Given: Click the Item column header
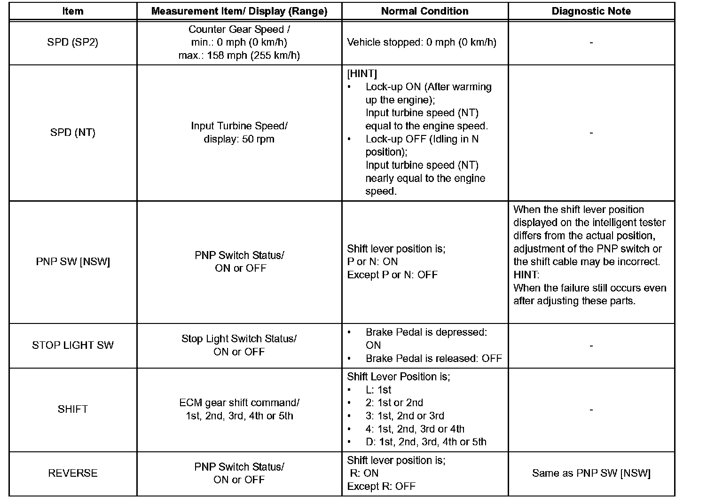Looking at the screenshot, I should point(73,11).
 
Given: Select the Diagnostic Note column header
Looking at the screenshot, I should point(591,11).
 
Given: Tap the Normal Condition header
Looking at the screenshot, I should point(424,11).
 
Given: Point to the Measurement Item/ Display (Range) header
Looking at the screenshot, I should point(239,11).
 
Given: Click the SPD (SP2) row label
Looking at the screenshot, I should point(73,42).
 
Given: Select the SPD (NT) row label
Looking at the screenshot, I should point(73,133).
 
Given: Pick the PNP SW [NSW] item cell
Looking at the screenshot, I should point(73,262).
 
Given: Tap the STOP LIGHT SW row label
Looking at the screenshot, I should point(73,345).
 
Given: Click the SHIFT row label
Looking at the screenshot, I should point(73,409).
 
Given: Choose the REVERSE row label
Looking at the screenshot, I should point(73,473).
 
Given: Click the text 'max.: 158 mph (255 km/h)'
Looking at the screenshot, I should point(239,55).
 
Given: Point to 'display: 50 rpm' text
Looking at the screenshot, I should point(239,139).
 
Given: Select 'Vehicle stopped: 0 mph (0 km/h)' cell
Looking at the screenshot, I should point(422,42).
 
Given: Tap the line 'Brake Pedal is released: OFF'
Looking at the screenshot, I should point(434,358).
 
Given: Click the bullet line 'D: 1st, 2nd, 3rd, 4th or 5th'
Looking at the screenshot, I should point(426,442).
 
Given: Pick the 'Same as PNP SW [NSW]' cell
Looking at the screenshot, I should point(591,473).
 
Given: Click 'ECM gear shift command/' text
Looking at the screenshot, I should point(239,403).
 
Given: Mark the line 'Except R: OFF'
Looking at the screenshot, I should point(381,486).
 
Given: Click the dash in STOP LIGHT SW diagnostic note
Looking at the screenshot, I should point(591,346).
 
